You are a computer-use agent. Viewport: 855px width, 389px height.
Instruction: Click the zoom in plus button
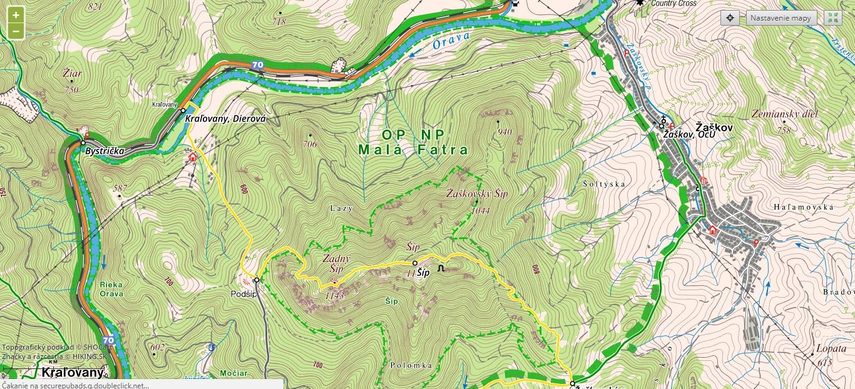click(16, 15)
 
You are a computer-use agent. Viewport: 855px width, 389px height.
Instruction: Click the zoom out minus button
click(16, 31)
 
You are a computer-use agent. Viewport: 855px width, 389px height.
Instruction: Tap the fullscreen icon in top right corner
click(832, 18)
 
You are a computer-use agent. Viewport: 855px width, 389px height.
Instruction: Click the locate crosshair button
click(730, 18)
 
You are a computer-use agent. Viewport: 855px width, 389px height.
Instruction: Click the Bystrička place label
click(105, 151)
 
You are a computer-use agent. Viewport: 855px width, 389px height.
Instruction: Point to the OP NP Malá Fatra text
click(413, 143)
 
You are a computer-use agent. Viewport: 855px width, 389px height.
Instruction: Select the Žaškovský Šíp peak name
click(477, 194)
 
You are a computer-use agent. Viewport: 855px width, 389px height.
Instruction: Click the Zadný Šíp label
click(336, 263)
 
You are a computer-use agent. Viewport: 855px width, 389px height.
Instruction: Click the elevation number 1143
click(334, 295)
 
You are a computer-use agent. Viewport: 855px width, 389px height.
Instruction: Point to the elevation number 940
click(504, 132)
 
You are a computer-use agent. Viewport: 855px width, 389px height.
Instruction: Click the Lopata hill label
click(831, 348)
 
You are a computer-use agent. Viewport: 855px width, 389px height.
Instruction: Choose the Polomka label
click(411, 365)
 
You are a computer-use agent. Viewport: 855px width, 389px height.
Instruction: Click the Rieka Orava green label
click(111, 289)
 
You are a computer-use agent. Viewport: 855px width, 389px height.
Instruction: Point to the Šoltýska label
click(603, 184)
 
